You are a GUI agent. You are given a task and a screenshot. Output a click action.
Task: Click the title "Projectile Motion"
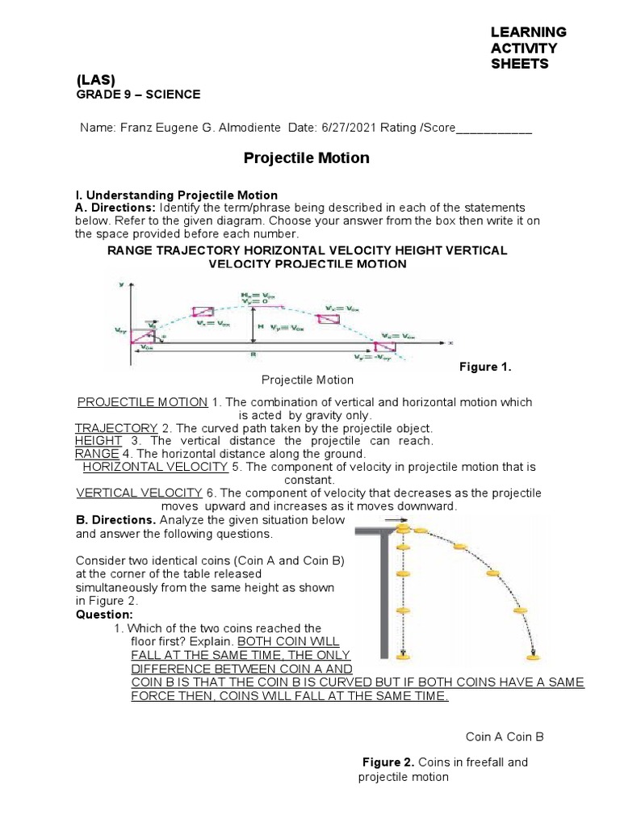306,158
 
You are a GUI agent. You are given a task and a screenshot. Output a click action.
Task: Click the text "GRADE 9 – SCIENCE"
138,94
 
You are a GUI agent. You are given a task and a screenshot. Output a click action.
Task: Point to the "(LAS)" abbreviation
96,79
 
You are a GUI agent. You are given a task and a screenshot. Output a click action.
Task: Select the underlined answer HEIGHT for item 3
98,441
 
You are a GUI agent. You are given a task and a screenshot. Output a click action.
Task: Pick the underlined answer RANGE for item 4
97,454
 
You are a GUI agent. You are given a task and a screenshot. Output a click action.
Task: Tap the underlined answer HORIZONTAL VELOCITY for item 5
155,467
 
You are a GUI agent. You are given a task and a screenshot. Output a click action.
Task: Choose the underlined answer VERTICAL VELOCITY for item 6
139,493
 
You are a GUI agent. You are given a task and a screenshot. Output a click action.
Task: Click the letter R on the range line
254,354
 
